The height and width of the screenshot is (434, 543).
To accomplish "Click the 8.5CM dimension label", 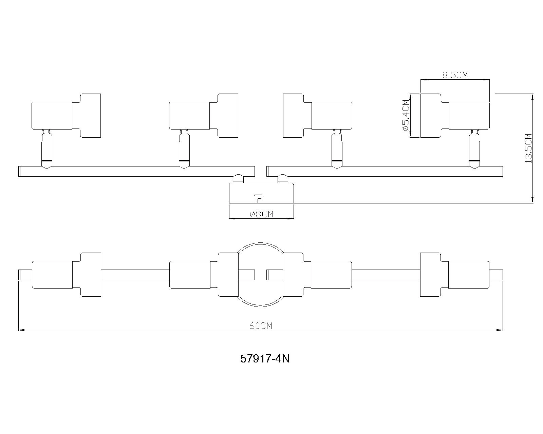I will pyautogui.click(x=455, y=75).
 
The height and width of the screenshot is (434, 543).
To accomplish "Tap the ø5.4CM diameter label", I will pyautogui.click(x=405, y=116).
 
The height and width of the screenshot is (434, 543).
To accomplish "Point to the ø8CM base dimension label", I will pyautogui.click(x=261, y=214).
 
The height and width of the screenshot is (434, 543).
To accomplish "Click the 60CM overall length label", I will pyautogui.click(x=261, y=326).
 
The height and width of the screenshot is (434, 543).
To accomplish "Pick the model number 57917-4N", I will pyautogui.click(x=265, y=359).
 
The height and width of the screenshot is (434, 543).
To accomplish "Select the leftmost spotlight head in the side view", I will pyautogui.click(x=66, y=115).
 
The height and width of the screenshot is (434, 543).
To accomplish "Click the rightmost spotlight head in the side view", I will pyautogui.click(x=455, y=115).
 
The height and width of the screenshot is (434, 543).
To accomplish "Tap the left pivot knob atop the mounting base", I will pyautogui.click(x=238, y=179).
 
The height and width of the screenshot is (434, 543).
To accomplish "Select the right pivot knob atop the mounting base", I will pyautogui.click(x=282, y=179).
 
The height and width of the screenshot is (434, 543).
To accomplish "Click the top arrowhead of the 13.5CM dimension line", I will pyautogui.click(x=532, y=96).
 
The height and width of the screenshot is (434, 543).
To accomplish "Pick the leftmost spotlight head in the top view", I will pyautogui.click(x=66, y=275).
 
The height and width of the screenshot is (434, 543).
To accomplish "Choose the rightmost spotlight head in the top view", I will pyautogui.click(x=455, y=275).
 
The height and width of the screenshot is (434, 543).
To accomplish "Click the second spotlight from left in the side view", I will pyautogui.click(x=204, y=115).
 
